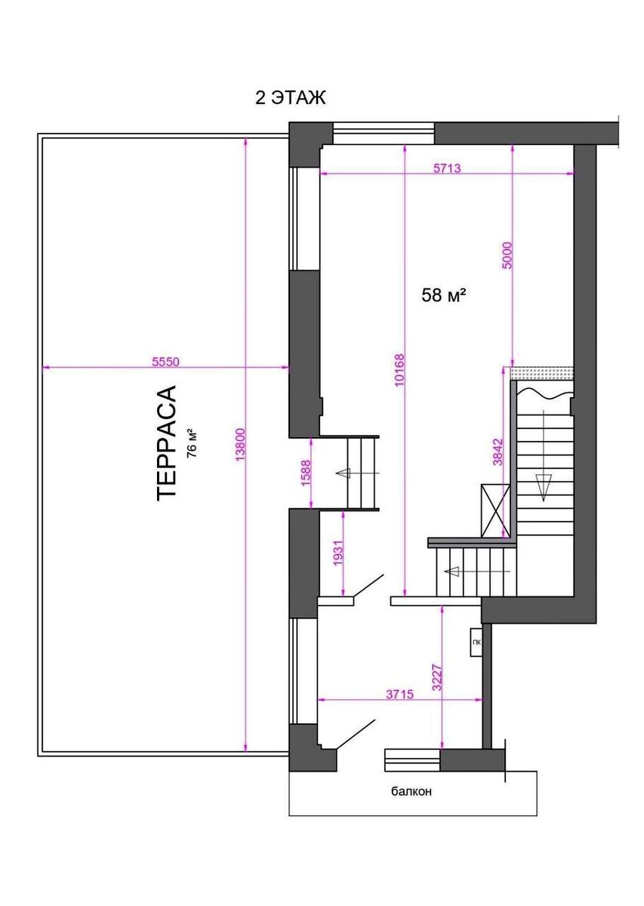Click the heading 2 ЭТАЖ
point(290,98)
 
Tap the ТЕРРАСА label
point(166,443)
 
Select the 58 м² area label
point(444,295)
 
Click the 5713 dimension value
point(447,168)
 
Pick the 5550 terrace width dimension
point(165,362)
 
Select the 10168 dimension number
point(399,371)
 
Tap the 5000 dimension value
point(507,255)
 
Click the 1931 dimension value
point(338,553)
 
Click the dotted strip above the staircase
point(542,373)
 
